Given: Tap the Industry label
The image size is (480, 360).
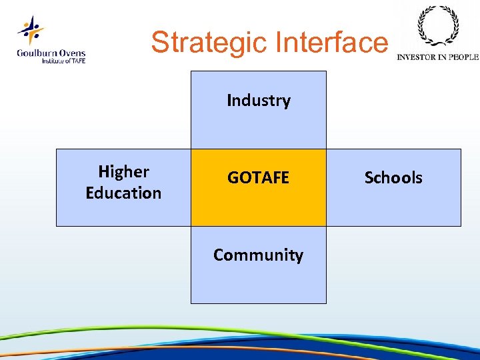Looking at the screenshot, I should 259,101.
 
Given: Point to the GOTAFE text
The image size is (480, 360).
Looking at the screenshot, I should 259,178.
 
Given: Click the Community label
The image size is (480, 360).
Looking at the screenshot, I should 259,255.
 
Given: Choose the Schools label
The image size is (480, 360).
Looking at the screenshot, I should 393,178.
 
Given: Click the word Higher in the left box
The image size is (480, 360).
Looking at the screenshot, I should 123,172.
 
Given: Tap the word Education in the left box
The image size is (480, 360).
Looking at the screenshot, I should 123,193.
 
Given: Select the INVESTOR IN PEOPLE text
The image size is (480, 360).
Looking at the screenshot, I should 437,57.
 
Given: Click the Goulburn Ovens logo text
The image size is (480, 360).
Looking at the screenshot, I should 51,53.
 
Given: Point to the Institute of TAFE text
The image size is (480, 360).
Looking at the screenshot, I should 63,61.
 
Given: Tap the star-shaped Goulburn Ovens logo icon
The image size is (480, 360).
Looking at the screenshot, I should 30,30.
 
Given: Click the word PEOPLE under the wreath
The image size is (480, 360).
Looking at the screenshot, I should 463,57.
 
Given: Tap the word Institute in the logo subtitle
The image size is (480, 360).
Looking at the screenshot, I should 53,61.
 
